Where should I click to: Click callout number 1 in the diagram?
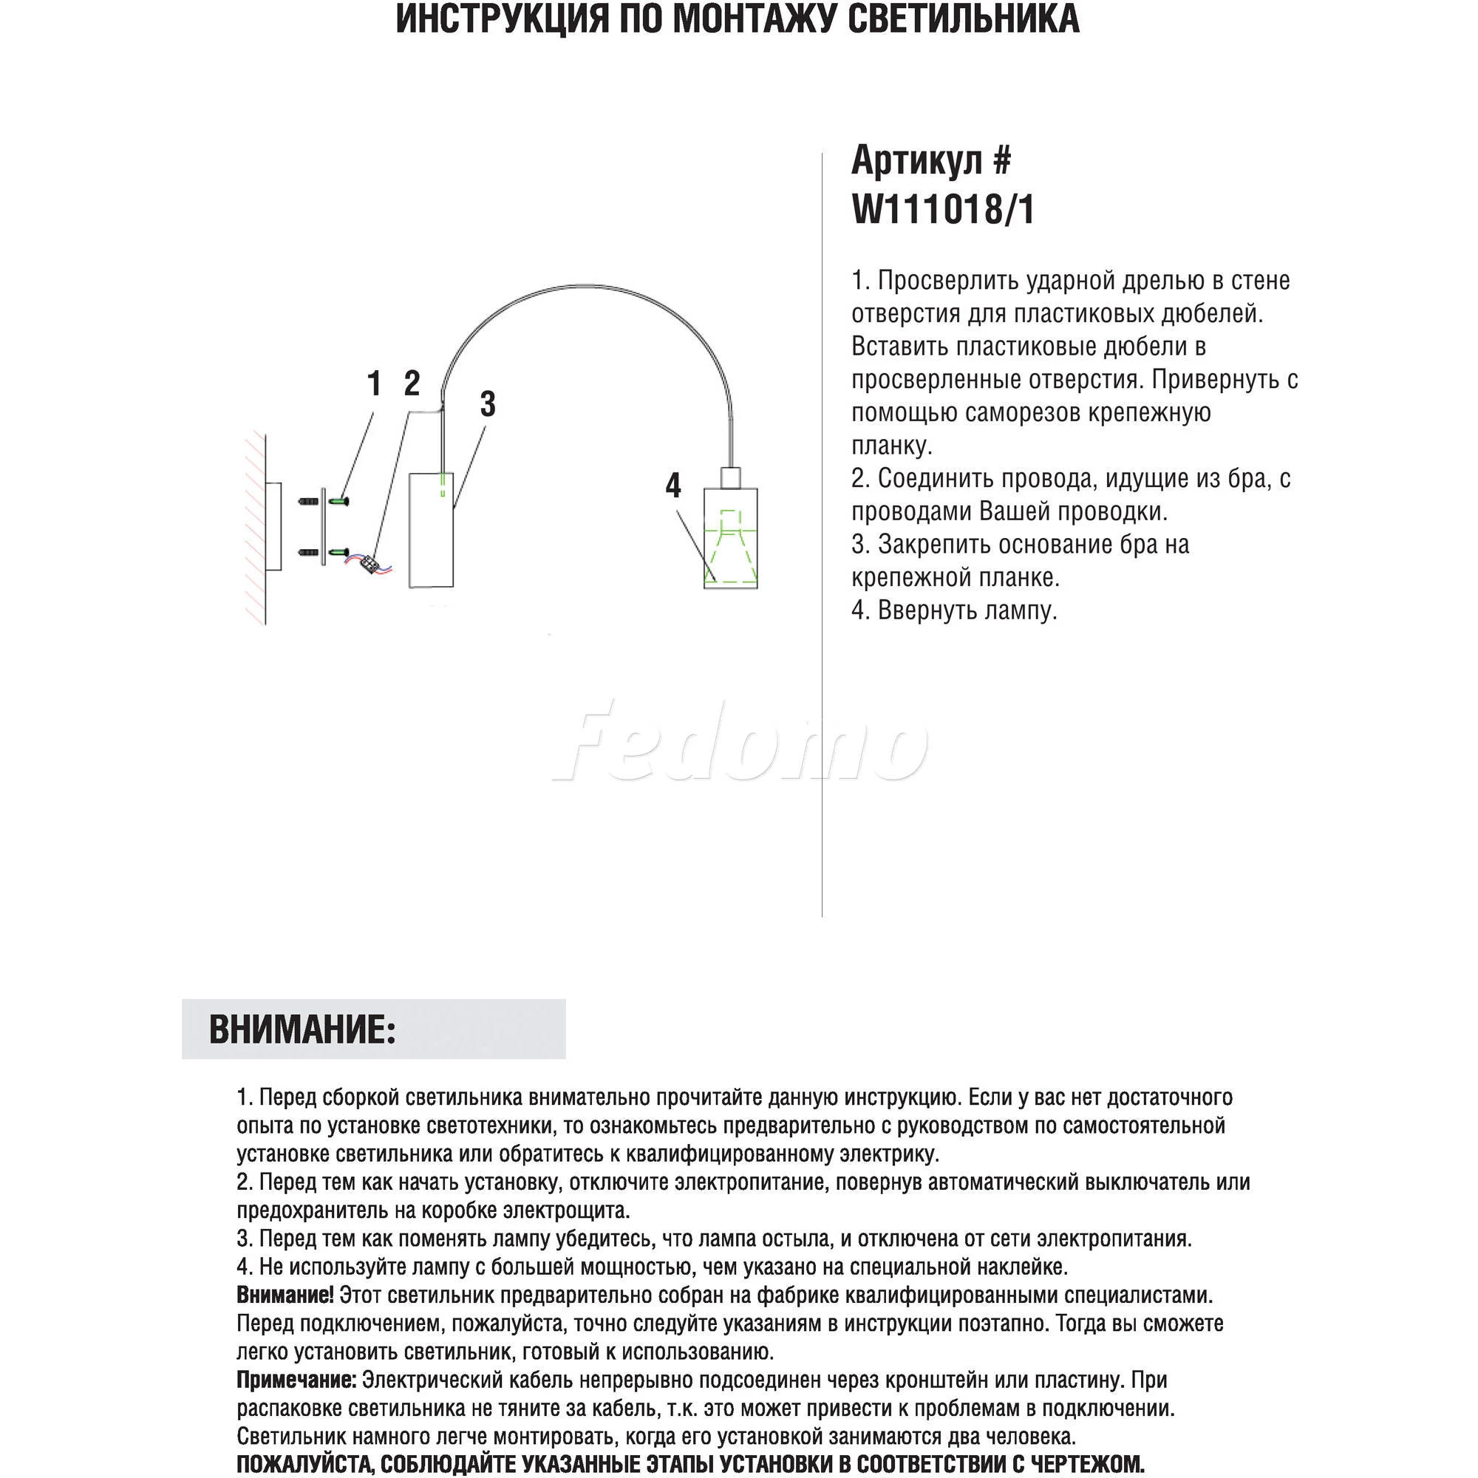pyautogui.click(x=374, y=384)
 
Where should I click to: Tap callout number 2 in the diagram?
pyautogui.click(x=412, y=384)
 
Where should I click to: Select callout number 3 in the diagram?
pyautogui.click(x=487, y=404)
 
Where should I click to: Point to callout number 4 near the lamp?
pyautogui.click(x=672, y=485)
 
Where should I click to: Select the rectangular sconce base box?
pyautogui.click(x=432, y=530)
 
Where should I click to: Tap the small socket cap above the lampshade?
pyautogui.click(x=731, y=478)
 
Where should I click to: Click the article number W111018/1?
pyautogui.click(x=942, y=210)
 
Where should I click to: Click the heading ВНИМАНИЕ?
pyautogui.click(x=302, y=1029)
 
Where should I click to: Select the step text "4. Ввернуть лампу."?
pyautogui.click(x=954, y=610)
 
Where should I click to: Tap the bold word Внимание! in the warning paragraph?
pyautogui.click(x=285, y=1296)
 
